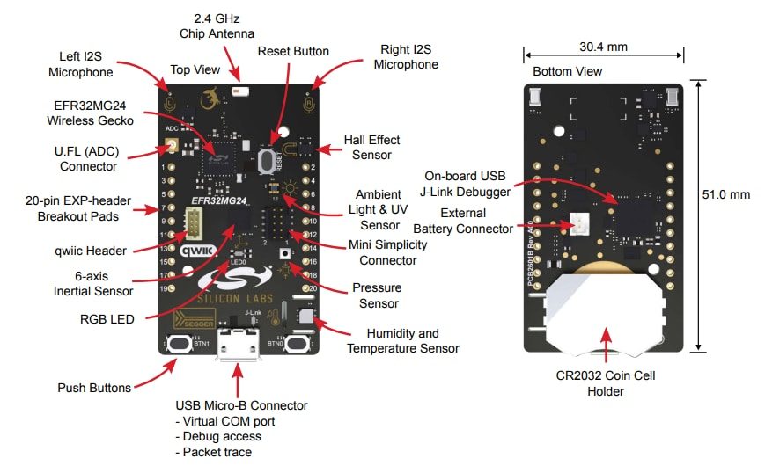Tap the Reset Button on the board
point(265,161)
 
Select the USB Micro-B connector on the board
point(236,344)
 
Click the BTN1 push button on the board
point(181,343)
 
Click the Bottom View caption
point(568,70)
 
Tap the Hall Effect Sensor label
point(371,147)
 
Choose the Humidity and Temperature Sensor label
point(402,340)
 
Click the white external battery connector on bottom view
point(581,225)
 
